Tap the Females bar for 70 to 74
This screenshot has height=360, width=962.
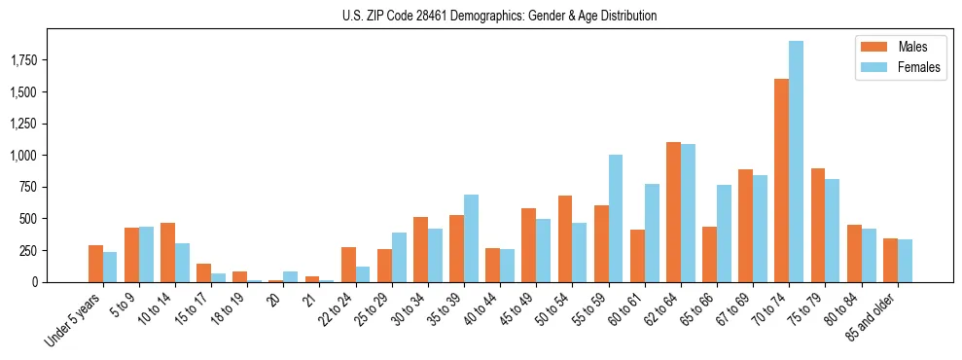797,162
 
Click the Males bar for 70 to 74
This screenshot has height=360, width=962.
781,180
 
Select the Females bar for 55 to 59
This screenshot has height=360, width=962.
616,218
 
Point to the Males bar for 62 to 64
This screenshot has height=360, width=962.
673,212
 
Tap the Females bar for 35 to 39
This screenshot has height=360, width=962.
471,238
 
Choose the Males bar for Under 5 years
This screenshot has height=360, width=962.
95,264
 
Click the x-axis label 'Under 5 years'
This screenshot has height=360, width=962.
74,321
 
